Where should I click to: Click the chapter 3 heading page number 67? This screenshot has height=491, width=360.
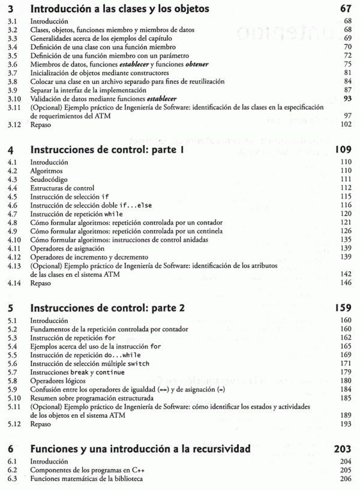[345, 9]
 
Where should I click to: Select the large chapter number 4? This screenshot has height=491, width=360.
[10, 151]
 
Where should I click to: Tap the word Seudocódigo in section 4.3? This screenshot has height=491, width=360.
[49, 179]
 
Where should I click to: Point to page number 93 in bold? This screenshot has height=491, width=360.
[347, 98]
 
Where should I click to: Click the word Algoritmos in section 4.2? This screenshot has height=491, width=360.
[47, 171]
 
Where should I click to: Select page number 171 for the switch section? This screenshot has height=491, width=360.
[345, 364]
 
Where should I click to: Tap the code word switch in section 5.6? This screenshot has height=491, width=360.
[139, 364]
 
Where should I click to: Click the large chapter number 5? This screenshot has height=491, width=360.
[10, 309]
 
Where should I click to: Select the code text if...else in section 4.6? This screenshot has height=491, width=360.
[136, 205]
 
